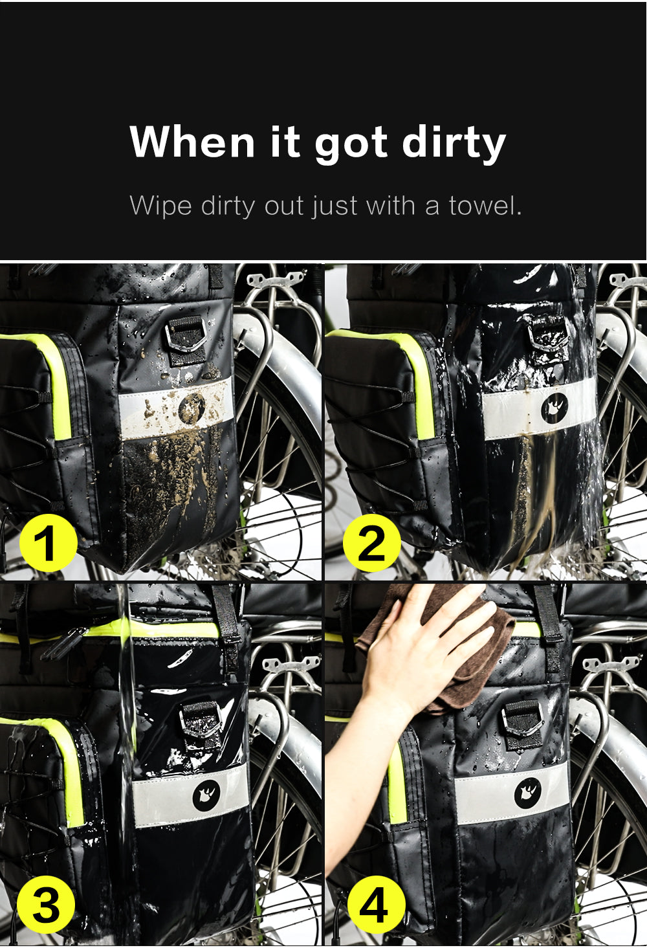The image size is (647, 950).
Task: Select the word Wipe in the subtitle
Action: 160,206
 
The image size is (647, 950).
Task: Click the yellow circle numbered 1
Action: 48,542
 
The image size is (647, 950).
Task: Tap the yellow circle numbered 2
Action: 371,542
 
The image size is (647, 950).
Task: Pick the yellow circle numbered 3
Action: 45,905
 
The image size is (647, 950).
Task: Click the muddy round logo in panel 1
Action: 192,408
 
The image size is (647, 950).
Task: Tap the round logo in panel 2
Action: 554,408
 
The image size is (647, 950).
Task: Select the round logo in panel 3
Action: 206,795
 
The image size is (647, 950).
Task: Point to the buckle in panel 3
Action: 201,718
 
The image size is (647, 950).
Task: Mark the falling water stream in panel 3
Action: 125,744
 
